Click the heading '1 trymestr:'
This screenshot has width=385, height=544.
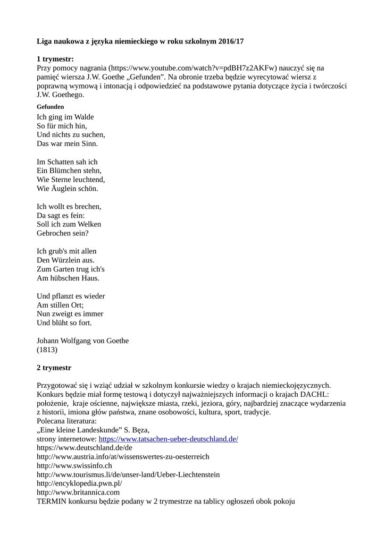pyautogui.click(x=55, y=58)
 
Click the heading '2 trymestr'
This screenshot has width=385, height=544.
pyautogui.click(x=54, y=368)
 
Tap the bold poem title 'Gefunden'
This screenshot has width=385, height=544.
pyautogui.click(x=51, y=107)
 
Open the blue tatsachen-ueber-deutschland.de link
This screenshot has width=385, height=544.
pyautogui.click(x=169, y=439)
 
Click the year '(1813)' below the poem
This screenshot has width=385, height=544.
pyautogui.click(x=47, y=350)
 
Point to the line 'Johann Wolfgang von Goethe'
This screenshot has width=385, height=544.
pyautogui.click(x=82, y=341)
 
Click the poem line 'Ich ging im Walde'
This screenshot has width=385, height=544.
pyautogui.click(x=65, y=117)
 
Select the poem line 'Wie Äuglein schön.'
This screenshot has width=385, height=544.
pyautogui.click(x=68, y=189)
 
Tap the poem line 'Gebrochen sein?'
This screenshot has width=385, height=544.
pyautogui.click(x=63, y=233)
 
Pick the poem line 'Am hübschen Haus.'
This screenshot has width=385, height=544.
pyautogui.click(x=68, y=278)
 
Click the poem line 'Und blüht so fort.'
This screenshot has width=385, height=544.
pyautogui.click(x=64, y=322)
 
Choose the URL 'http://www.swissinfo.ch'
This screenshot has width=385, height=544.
pyautogui.click(x=74, y=466)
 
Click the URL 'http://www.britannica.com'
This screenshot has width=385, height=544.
pyautogui.click(x=78, y=492)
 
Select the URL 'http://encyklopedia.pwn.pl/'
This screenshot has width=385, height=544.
pyautogui.click(x=79, y=483)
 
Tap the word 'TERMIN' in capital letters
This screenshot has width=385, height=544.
pyautogui.click(x=51, y=501)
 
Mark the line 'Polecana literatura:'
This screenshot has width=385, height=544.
pyautogui.click(x=66, y=421)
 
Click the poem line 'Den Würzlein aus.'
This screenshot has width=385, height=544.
pyautogui.click(x=65, y=260)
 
